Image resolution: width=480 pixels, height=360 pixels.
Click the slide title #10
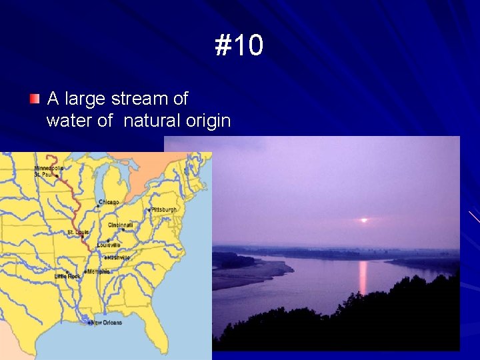[239, 46]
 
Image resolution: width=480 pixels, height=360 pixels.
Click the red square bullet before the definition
[34, 99]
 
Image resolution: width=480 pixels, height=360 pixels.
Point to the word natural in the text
[151, 121]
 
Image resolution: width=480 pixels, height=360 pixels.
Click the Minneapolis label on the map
[49, 168]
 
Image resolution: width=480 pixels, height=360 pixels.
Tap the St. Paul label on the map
[44, 175]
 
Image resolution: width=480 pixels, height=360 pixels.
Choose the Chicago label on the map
[109, 202]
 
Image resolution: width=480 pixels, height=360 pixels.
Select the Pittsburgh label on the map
[165, 209]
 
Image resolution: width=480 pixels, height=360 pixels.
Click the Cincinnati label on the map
[120, 225]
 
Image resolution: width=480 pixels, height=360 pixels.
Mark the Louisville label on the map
[109, 245]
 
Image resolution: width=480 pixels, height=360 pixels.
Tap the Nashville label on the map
[117, 258]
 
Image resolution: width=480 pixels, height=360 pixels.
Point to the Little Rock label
[67, 276]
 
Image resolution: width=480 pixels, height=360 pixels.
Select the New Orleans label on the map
[107, 323]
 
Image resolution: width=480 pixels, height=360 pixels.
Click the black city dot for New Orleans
[89, 323]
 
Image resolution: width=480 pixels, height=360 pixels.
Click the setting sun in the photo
[363, 220]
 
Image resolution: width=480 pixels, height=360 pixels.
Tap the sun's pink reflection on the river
[363, 277]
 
